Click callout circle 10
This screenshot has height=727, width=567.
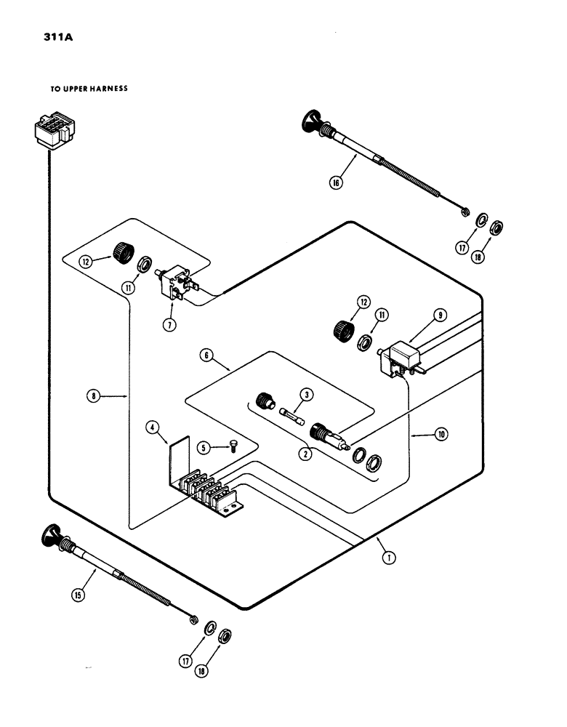441,435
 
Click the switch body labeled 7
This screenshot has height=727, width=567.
177,284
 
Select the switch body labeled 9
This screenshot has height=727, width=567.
400,356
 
